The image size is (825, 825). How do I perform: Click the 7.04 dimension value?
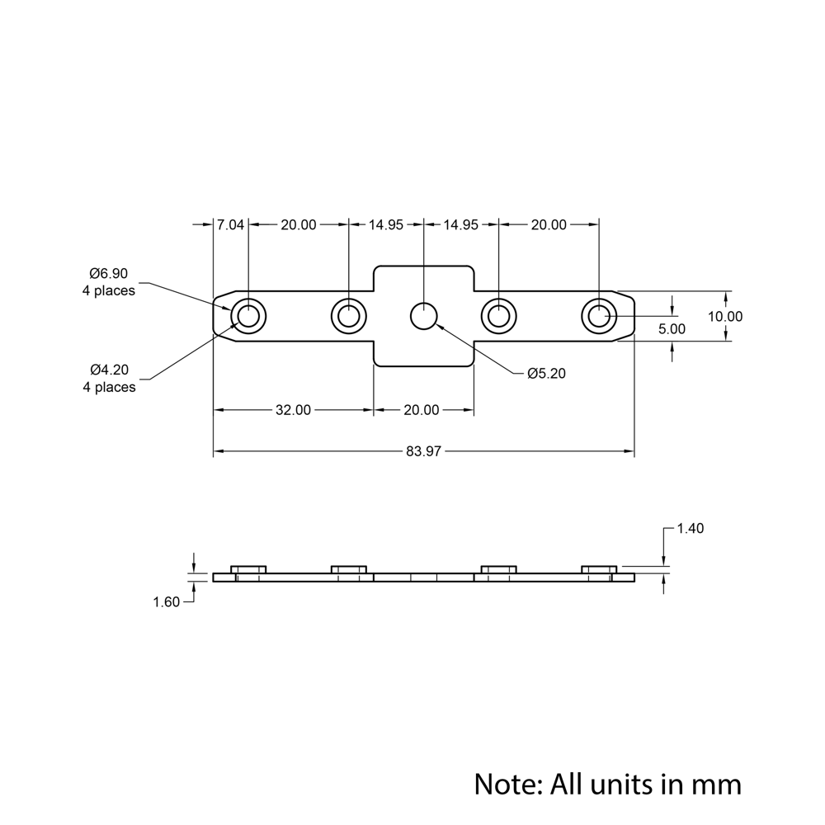click(230, 224)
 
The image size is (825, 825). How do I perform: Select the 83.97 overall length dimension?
click(424, 451)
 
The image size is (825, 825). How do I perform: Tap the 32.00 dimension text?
click(293, 410)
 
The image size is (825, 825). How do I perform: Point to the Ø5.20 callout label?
click(546, 374)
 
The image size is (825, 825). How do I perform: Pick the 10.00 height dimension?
click(725, 316)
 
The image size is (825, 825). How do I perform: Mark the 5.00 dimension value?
click(672, 328)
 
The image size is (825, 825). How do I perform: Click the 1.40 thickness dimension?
click(690, 529)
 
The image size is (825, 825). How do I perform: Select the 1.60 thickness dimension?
click(166, 602)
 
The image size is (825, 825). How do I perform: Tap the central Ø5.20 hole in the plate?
click(424, 316)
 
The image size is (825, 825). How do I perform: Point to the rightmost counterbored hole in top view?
click(599, 316)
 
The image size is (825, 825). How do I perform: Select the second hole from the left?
click(348, 316)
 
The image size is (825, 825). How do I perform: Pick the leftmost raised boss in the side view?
click(248, 568)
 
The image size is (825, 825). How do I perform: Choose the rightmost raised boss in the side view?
click(599, 568)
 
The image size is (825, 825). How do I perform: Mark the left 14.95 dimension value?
click(386, 224)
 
